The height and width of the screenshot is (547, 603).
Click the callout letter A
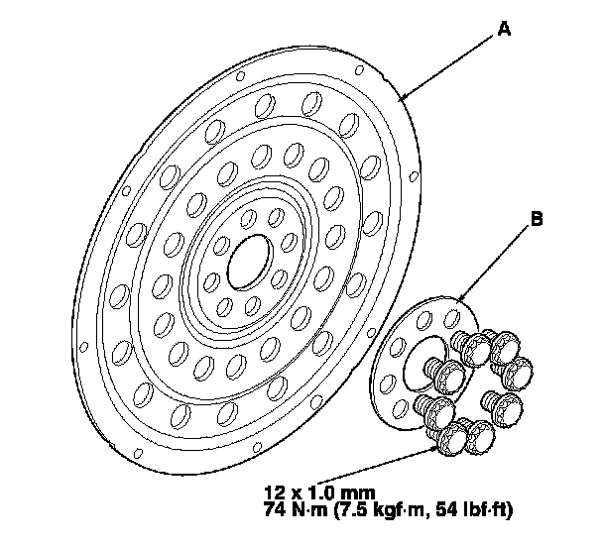[504, 31]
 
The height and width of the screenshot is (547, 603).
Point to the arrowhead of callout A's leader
[399, 99]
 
